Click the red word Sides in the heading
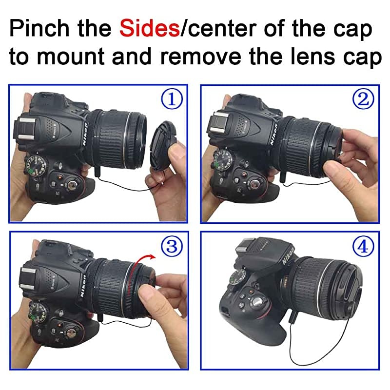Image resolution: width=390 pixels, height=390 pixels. pyautogui.click(x=150, y=28)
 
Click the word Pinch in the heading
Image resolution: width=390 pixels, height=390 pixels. pyautogui.click(x=39, y=28)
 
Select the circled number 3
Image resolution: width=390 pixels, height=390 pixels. pyautogui.click(x=172, y=246)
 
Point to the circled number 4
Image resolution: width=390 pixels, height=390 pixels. pyautogui.click(x=363, y=246)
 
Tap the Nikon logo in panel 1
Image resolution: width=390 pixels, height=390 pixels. pyautogui.click(x=85, y=135)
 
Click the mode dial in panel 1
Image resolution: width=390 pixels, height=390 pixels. pyautogui.click(x=37, y=165)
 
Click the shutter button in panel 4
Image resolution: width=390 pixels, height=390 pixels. pyautogui.click(x=259, y=303)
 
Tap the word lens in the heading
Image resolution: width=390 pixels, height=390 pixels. pyautogui.click(x=313, y=56)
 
